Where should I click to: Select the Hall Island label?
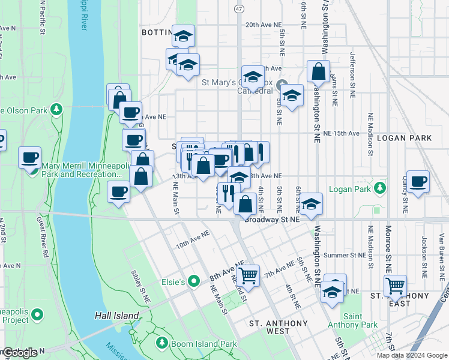[x=117, y=315]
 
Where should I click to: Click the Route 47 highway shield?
[x=239, y=9]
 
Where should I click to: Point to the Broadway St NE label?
[x=271, y=220]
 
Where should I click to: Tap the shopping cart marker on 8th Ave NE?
[x=247, y=276]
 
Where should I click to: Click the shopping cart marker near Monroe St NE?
[x=395, y=286]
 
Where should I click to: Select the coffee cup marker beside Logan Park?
[x=418, y=181]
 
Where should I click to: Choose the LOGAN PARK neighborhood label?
[x=404, y=138]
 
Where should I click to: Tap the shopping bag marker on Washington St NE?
[x=318, y=71]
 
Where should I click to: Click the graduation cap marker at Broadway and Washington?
[x=311, y=204]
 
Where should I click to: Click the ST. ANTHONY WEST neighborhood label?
[x=270, y=327]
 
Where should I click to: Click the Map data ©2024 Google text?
[x=411, y=355]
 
